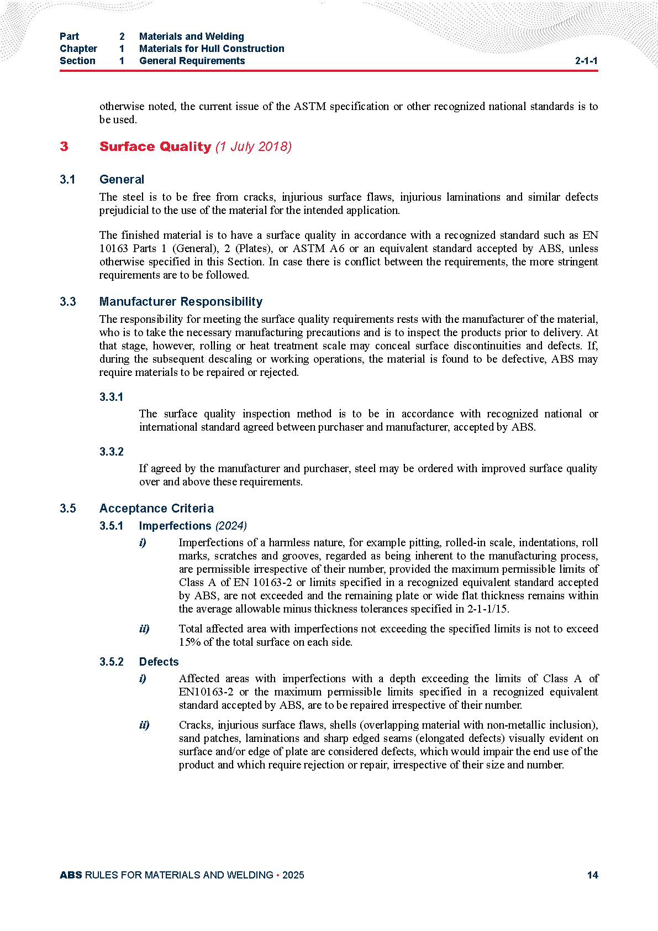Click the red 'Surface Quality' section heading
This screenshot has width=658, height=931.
pyautogui.click(x=155, y=147)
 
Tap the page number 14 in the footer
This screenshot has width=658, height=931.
pyautogui.click(x=592, y=875)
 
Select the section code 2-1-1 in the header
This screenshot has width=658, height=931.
pyautogui.click(x=586, y=61)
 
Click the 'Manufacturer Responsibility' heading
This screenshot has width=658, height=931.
pyautogui.click(x=181, y=301)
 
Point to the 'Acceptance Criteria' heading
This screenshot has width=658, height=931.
pyautogui.click(x=156, y=508)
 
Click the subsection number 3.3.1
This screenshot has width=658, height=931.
pyautogui.click(x=112, y=397)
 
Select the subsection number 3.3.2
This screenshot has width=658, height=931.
pyautogui.click(x=112, y=452)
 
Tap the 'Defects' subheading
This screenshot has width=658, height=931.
pyautogui.click(x=159, y=662)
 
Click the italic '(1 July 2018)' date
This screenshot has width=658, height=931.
pyautogui.click(x=254, y=147)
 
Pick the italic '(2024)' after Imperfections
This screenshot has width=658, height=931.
pyautogui.click(x=231, y=526)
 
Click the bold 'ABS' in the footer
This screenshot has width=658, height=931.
pyautogui.click(x=71, y=875)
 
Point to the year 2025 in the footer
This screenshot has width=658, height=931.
pyautogui.click(x=293, y=875)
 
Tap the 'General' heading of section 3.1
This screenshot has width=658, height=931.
pyautogui.click(x=122, y=179)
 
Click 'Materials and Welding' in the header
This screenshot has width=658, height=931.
pyautogui.click(x=192, y=36)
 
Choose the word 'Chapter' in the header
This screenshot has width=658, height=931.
pyautogui.click(x=78, y=49)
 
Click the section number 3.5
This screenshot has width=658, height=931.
pyautogui.click(x=68, y=508)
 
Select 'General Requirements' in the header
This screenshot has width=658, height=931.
pyautogui.click(x=192, y=61)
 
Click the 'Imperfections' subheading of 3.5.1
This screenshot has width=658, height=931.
pyautogui.click(x=175, y=526)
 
